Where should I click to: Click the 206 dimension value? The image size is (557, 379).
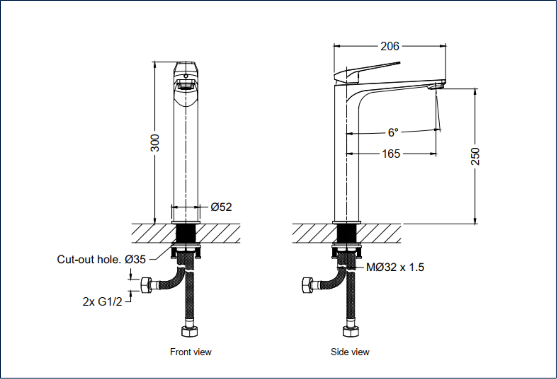(390, 46)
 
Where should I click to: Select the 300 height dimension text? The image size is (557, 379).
(155, 143)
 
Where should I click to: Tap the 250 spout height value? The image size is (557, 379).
(475, 156)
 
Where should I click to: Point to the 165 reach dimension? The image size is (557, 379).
(391, 154)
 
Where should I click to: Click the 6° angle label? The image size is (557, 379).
(393, 133)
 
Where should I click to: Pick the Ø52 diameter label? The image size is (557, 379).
(221, 207)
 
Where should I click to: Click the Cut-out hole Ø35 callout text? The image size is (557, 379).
(101, 259)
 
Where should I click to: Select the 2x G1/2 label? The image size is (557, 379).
(103, 302)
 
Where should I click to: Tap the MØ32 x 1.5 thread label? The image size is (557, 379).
(395, 267)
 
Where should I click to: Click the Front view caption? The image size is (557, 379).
(191, 352)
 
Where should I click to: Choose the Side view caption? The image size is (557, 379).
(350, 352)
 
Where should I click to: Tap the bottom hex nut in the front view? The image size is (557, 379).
(190, 332)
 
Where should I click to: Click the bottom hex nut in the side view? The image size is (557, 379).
(351, 332)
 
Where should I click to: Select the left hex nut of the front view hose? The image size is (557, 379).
(146, 285)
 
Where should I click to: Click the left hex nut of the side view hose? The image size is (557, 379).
(307, 285)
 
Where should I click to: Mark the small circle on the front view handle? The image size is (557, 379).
(186, 76)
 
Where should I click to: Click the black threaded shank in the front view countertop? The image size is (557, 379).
(186, 234)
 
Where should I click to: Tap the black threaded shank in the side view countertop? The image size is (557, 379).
(347, 234)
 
